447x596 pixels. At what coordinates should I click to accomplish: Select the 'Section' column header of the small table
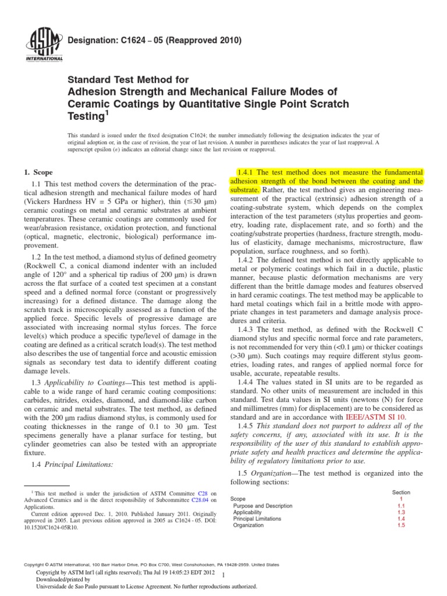(x=401, y=492)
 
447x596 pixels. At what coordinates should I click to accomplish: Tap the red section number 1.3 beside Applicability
(x=401, y=512)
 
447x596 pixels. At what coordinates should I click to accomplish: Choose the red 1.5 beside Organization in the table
(x=401, y=525)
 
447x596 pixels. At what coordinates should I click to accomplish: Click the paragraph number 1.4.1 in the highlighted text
(x=245, y=172)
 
